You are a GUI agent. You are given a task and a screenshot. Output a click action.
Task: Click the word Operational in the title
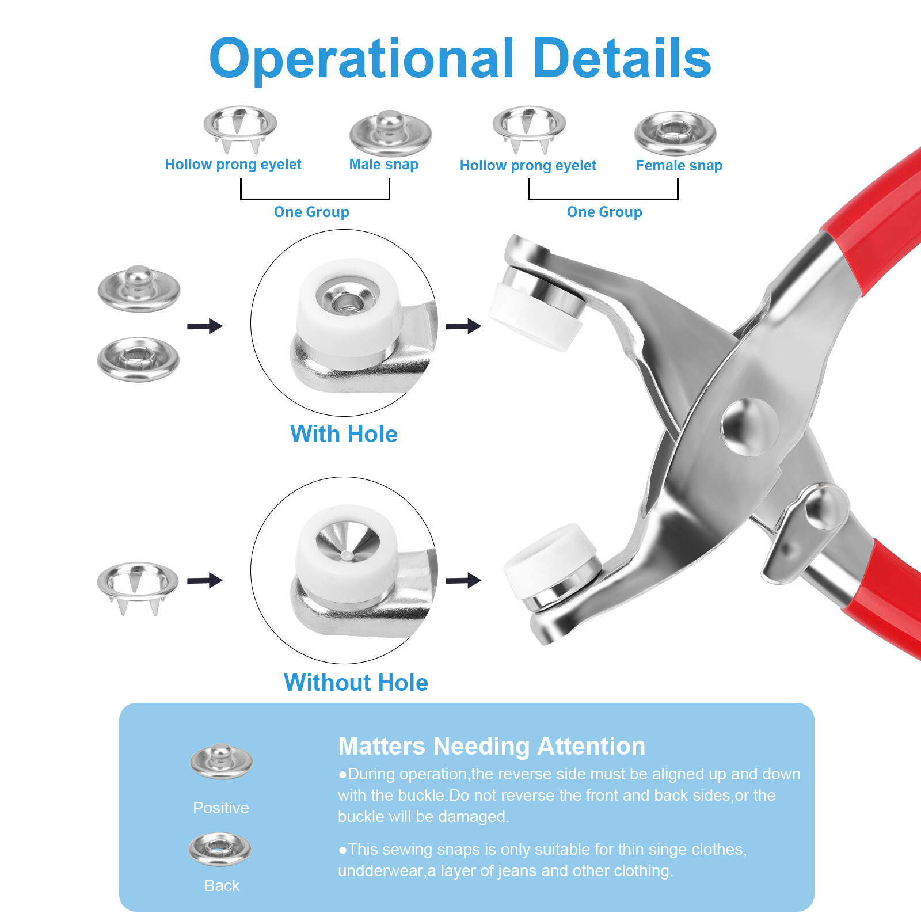tap(361, 59)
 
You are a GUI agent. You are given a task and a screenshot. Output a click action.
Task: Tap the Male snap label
tap(383, 165)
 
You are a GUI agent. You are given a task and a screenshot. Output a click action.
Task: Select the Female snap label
tap(679, 166)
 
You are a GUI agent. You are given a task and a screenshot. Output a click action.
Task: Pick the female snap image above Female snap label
tap(675, 133)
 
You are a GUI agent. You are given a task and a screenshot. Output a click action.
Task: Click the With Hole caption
tap(344, 434)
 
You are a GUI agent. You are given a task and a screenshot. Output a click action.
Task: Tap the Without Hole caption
tap(356, 683)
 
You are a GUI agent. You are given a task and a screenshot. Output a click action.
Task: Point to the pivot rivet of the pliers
tap(749, 426)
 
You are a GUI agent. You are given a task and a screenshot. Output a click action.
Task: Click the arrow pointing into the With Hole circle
tap(205, 326)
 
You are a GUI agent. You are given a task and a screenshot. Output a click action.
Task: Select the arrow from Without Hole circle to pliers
tap(463, 580)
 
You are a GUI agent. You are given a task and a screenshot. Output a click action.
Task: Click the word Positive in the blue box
tap(221, 808)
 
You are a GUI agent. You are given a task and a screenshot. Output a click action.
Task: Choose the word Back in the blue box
tap(222, 885)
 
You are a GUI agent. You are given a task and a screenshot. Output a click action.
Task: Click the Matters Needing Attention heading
tap(492, 746)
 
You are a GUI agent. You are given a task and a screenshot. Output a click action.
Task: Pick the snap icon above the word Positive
tap(221, 761)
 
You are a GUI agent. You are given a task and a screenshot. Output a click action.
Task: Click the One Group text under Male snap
tap(311, 212)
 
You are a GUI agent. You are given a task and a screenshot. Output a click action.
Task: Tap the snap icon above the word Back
tap(220, 849)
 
